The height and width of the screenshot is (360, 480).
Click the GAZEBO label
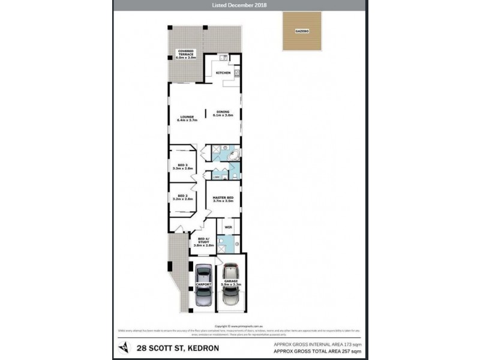pos(302,30)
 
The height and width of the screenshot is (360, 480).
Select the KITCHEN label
pos(223,73)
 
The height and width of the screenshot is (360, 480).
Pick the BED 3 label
pos(183,166)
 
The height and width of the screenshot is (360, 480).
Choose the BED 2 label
pos(182,197)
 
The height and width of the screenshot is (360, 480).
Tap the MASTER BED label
pos(223,198)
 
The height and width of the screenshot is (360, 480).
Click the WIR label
pos(228,227)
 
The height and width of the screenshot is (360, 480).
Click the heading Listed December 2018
pos(240,5)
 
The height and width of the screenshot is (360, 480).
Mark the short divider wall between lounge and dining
pos(205,115)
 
